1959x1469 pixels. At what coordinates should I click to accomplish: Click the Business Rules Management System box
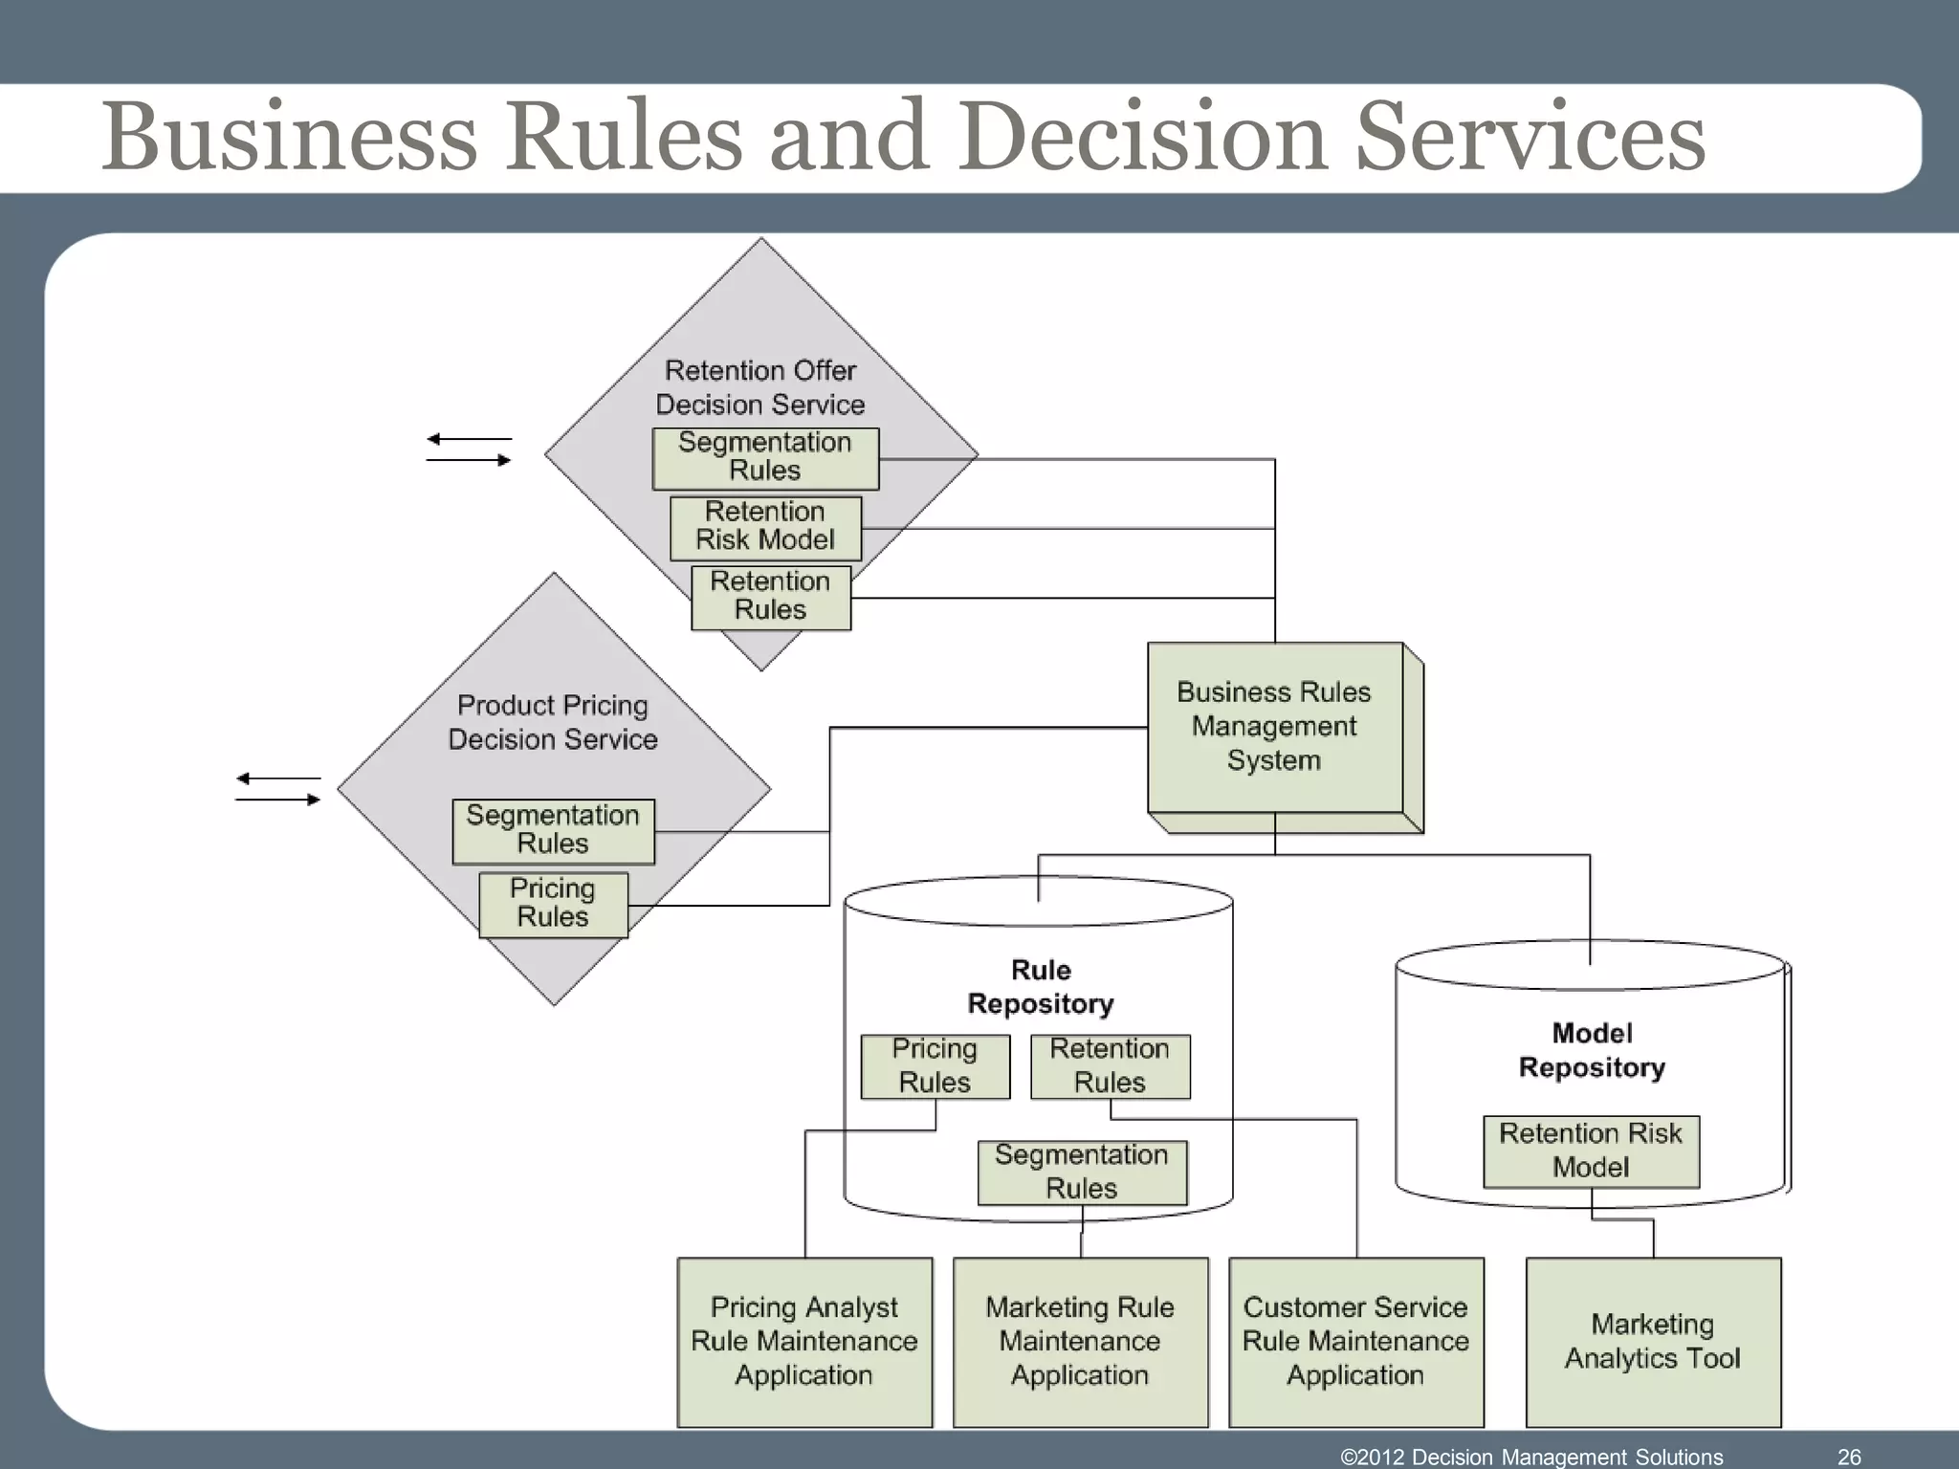(x=1274, y=727)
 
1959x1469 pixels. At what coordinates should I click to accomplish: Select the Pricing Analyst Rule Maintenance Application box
(x=804, y=1341)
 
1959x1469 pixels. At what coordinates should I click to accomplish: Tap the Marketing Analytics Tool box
(x=1653, y=1341)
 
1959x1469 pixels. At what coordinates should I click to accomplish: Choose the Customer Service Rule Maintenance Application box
(x=1355, y=1341)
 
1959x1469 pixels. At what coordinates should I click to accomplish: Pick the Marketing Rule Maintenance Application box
(x=1080, y=1341)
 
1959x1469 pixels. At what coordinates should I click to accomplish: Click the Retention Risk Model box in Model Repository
(x=1591, y=1151)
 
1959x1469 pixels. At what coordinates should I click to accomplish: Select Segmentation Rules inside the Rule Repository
(x=1082, y=1172)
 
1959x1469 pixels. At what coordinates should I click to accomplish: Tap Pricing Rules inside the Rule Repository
(x=935, y=1065)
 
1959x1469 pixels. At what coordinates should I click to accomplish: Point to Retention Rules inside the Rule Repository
(x=1110, y=1065)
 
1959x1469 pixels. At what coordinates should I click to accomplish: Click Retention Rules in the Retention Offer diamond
(x=770, y=597)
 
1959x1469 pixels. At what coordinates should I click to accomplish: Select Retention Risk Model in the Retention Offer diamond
(x=765, y=526)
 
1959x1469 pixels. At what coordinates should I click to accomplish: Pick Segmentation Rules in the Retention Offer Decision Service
(x=765, y=457)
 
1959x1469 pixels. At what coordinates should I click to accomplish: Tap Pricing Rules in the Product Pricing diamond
(x=553, y=903)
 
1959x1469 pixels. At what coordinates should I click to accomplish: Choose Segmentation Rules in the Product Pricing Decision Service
(x=553, y=830)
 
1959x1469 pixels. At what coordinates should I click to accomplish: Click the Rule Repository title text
(x=1041, y=987)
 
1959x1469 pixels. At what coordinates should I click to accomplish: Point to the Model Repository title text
(x=1592, y=1050)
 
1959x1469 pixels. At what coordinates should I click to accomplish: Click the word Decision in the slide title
(x=1143, y=136)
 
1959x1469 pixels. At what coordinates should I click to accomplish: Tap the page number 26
(x=1849, y=1457)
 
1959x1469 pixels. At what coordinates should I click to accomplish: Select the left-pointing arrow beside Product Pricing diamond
(x=277, y=778)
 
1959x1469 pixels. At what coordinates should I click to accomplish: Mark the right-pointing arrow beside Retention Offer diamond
(x=469, y=460)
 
